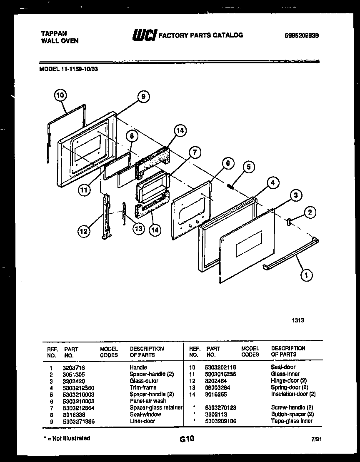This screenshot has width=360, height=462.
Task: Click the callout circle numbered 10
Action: [60, 95]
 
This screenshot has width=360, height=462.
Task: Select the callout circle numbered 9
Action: [142, 97]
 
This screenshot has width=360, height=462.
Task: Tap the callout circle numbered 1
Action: [306, 275]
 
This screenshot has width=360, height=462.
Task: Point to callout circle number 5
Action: [248, 167]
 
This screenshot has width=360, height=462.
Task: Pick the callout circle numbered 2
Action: [309, 212]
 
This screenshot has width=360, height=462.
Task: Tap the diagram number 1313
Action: [297, 320]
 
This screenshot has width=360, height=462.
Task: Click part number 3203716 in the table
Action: [73, 367]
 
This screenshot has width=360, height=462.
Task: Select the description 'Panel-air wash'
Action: [148, 401]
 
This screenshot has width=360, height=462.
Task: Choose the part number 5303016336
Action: [220, 374]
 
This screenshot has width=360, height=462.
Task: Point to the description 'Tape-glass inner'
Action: [292, 421]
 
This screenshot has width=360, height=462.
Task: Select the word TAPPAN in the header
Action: [52, 33]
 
